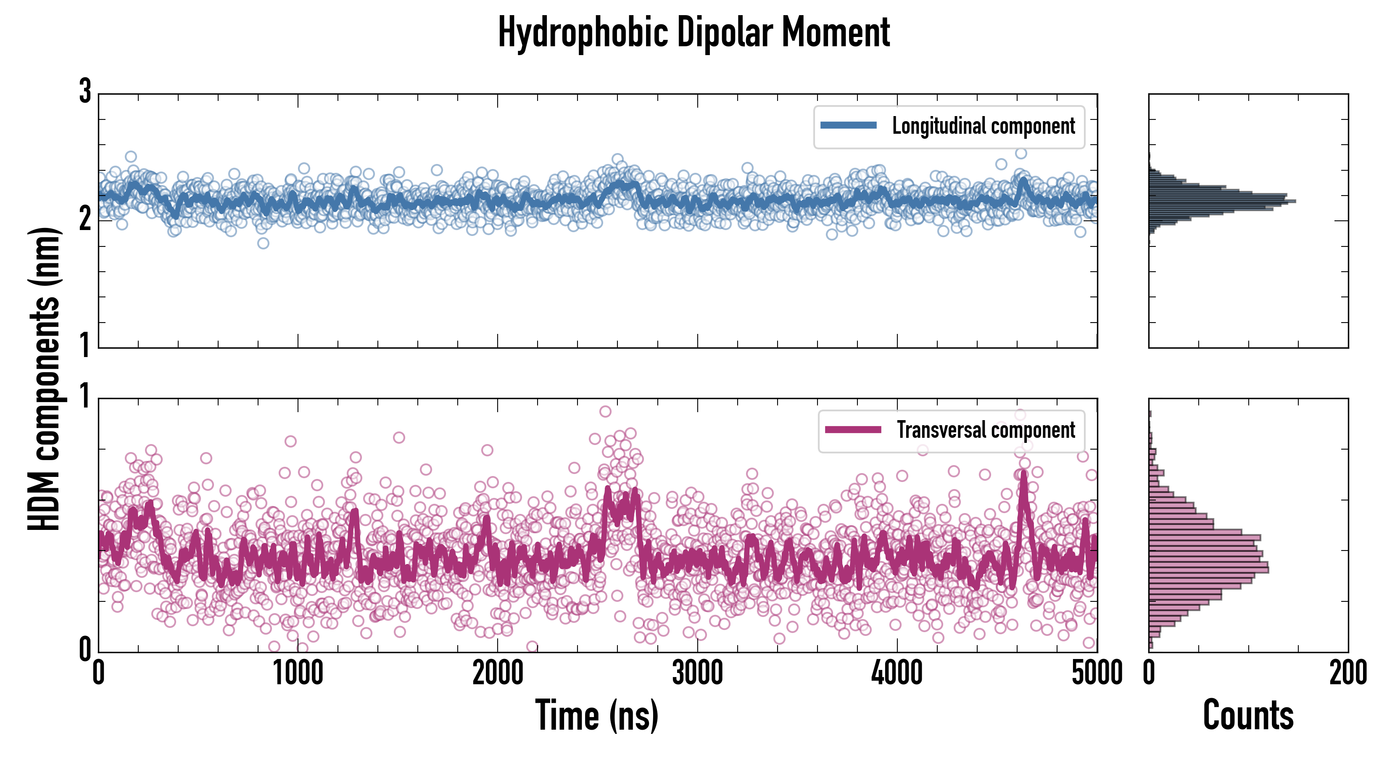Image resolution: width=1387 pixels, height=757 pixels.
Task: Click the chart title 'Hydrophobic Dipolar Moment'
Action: coord(693,32)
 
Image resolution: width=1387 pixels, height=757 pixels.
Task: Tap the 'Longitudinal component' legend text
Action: coord(983,126)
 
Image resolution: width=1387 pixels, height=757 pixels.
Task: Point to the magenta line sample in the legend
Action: coord(853,429)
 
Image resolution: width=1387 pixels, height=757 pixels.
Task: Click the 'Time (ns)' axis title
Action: coord(596,715)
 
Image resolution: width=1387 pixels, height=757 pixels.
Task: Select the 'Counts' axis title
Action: coord(1248,715)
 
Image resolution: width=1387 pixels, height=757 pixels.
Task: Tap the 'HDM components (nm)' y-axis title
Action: coord(44,379)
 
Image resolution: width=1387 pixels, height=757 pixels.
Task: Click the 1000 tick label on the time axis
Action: coord(298,673)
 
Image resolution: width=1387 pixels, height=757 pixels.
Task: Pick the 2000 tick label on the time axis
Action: coord(498,673)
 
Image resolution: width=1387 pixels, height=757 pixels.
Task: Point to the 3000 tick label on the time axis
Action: coord(697,673)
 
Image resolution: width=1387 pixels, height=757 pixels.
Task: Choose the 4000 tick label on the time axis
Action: coord(897,673)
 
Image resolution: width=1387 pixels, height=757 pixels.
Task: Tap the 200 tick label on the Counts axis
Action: coord(1347,673)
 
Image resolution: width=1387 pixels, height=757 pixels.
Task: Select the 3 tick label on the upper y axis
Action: coord(84,92)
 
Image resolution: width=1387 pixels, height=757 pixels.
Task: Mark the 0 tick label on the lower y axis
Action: coord(84,649)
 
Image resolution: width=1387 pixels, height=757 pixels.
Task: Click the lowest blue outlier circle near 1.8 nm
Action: coord(263,243)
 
